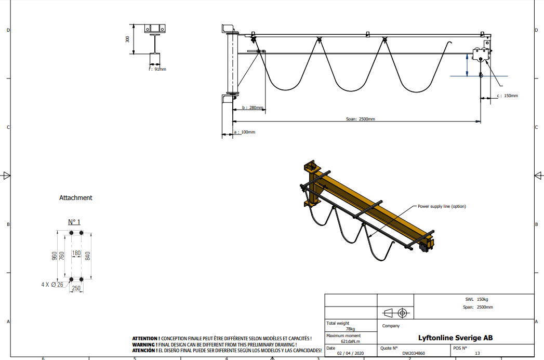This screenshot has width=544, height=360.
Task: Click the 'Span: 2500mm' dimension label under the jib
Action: click(361, 119)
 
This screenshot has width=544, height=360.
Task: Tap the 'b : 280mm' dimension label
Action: click(253, 108)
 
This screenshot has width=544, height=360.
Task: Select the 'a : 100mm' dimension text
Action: click(245, 132)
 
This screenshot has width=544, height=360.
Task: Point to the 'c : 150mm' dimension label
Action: click(507, 96)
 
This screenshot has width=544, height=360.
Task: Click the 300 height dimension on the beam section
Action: click(127, 39)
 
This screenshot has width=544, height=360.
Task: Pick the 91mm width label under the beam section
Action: click(157, 70)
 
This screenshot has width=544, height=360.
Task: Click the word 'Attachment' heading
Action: click(76, 198)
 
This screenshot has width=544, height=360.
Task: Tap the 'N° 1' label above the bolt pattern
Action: click(74, 222)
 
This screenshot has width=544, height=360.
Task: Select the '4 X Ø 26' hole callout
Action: click(52, 285)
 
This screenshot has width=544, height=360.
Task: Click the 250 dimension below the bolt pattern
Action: click(76, 288)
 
